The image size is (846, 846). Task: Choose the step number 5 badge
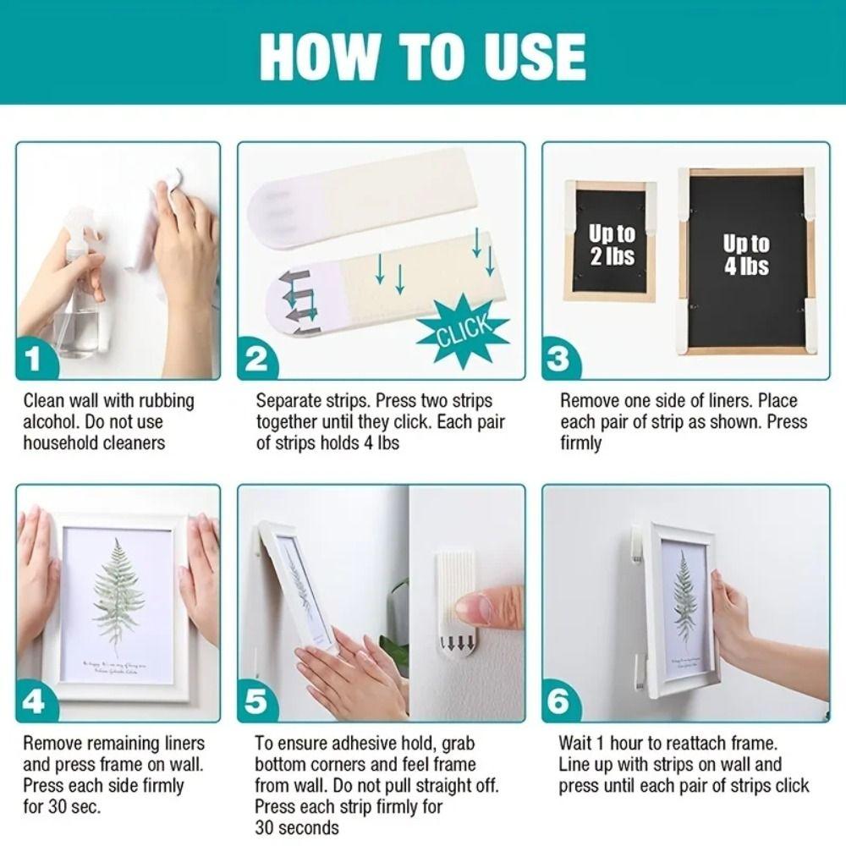[256, 702]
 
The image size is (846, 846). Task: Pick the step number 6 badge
[561, 702]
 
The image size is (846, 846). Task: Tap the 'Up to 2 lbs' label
[612, 244]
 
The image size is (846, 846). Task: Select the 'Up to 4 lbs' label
[745, 255]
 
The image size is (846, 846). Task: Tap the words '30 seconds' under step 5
[297, 827]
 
